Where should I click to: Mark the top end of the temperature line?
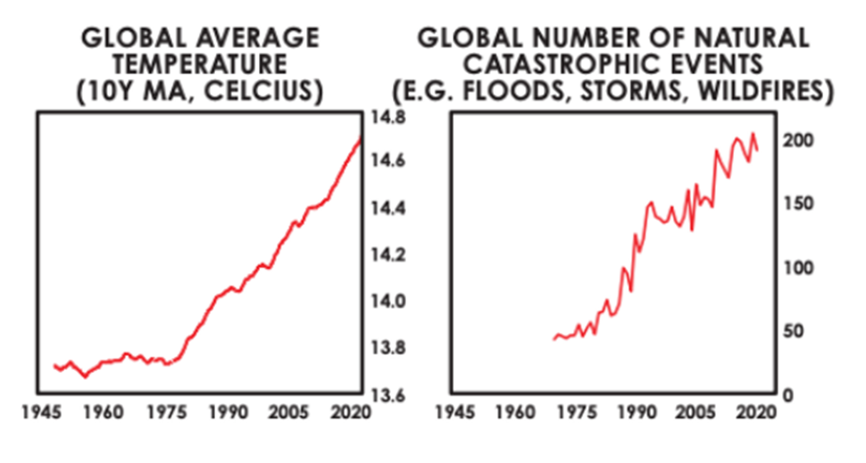[x=360, y=138]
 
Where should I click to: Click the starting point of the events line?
[x=554, y=339]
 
